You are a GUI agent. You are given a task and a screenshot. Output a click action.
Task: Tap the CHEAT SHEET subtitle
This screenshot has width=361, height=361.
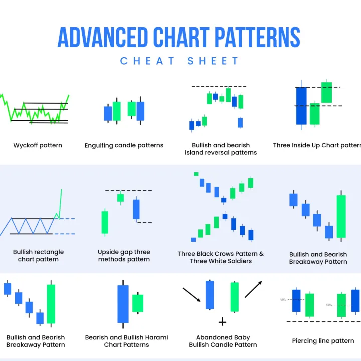[180, 61]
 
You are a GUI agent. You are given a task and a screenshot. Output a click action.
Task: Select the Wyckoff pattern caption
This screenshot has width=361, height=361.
[38, 146]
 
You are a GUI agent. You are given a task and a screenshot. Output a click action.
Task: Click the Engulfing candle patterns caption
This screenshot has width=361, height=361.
[124, 146]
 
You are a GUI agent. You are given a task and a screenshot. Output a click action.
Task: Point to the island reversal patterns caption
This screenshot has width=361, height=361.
[220, 149]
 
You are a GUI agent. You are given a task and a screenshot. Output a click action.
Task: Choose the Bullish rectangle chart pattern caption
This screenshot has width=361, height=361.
[38, 256]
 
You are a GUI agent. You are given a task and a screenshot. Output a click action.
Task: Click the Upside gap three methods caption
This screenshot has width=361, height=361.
[124, 256]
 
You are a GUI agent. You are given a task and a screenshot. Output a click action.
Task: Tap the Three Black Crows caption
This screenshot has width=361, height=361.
[221, 257]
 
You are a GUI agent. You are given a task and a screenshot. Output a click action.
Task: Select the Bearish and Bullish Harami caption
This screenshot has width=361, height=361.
[126, 341]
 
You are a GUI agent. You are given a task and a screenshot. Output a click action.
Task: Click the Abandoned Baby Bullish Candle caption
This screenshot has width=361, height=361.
[223, 341]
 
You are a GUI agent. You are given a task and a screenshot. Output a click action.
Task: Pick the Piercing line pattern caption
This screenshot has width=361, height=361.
[323, 341]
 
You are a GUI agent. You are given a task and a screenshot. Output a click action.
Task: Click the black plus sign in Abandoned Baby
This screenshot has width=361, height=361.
[222, 321]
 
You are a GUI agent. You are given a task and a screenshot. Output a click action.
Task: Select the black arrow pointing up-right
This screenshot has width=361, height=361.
[254, 289]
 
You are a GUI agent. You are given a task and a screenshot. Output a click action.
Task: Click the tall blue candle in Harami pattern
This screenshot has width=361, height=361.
[123, 303]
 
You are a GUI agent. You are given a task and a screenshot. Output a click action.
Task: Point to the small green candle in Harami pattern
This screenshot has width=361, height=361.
[137, 303]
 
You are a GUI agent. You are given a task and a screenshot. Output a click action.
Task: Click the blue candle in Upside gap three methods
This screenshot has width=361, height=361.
[136, 209]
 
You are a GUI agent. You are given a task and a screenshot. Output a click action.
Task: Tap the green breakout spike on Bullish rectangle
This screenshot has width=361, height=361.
[60, 203]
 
